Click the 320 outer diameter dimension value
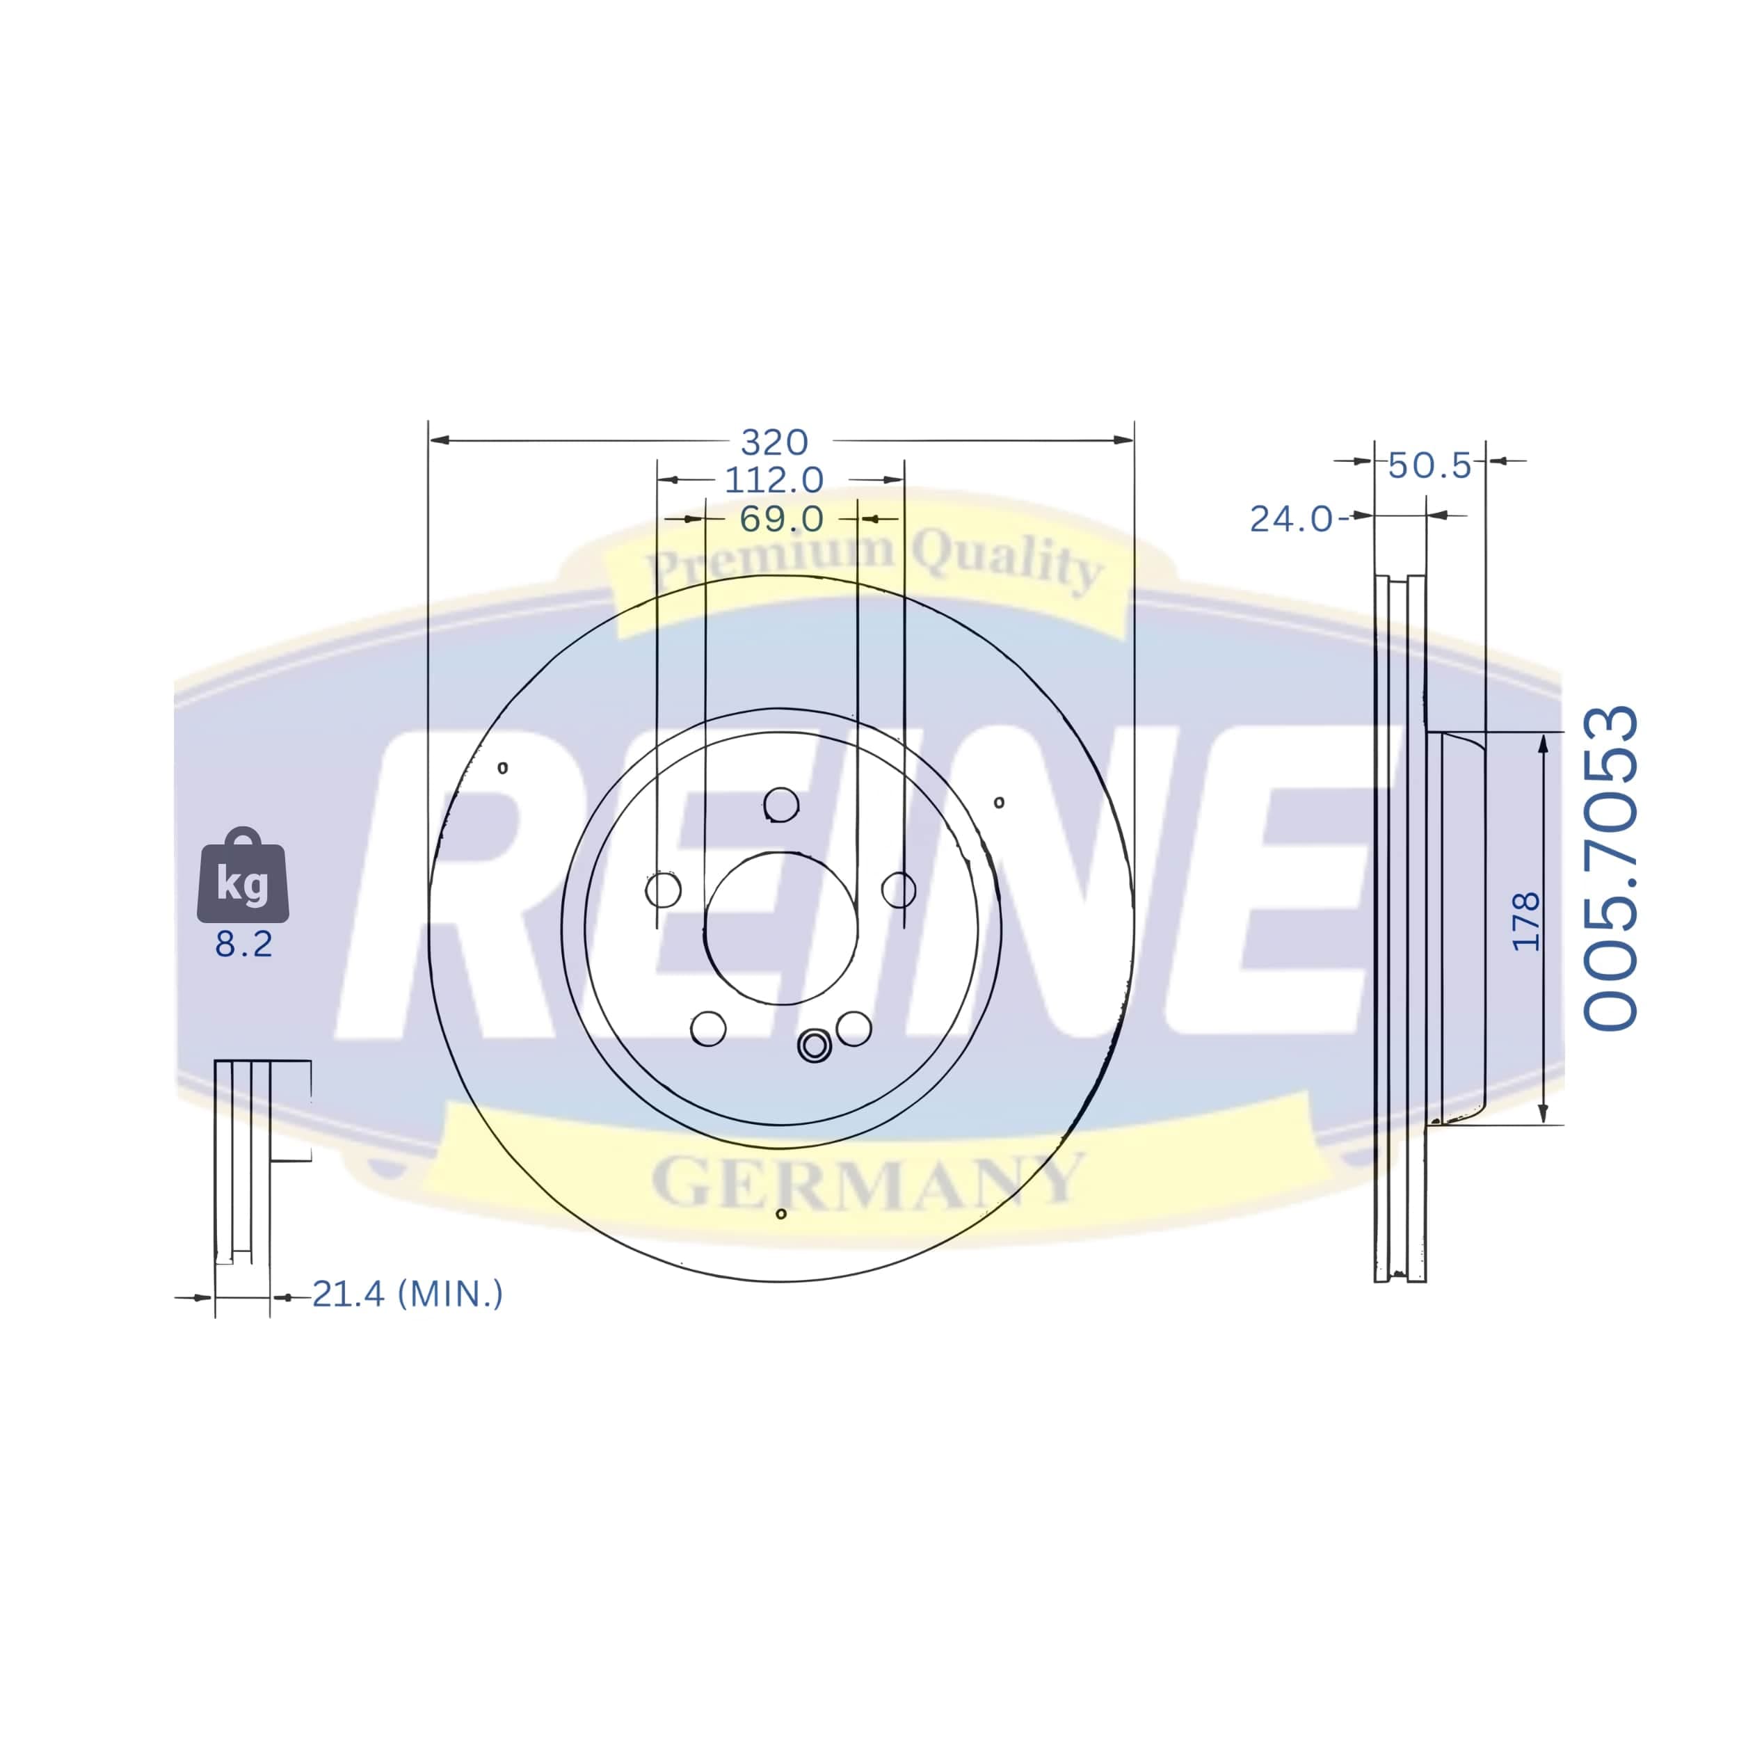tap(774, 442)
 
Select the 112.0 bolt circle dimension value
tap(774, 480)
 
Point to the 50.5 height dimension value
tap(1429, 465)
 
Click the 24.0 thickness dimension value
tap(1292, 520)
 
